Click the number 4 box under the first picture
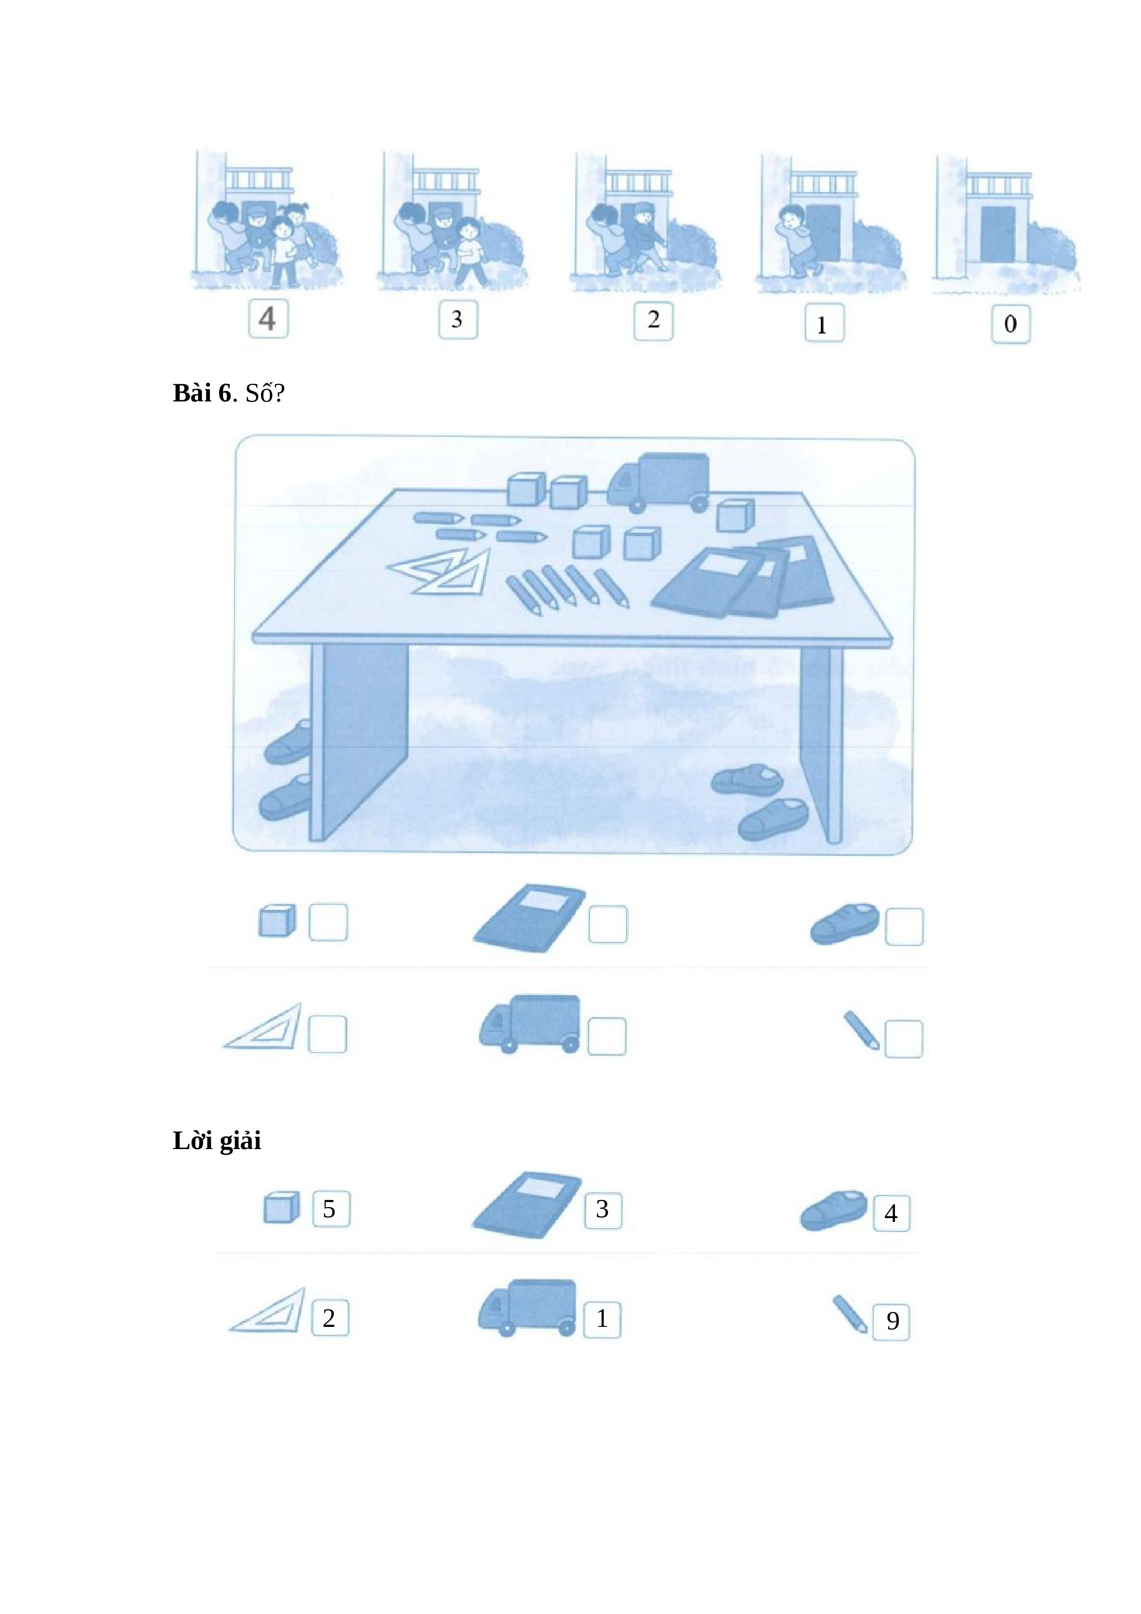[x=268, y=319]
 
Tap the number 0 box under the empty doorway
[x=1010, y=324]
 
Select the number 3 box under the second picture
[x=458, y=319]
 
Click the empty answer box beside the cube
[x=328, y=922]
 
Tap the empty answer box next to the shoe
[x=904, y=927]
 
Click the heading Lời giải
[x=216, y=1141]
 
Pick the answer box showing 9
[x=891, y=1321]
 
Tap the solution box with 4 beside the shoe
[x=891, y=1213]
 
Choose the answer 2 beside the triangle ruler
[x=330, y=1317]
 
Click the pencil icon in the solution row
[x=850, y=1313]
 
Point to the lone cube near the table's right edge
[x=735, y=516]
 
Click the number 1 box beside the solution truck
[x=602, y=1319]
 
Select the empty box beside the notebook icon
[x=608, y=924]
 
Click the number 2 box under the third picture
[x=654, y=321]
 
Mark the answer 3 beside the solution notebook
[x=603, y=1210]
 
